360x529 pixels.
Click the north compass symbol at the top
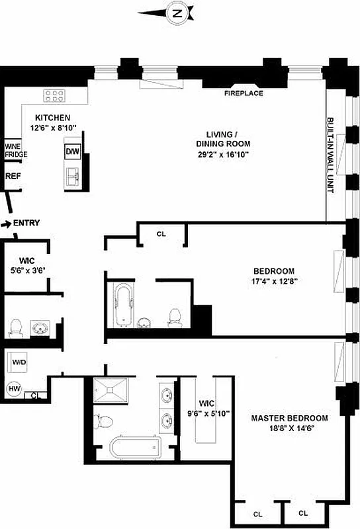176,12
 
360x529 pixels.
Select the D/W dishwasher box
72,151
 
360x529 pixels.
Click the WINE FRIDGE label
16,150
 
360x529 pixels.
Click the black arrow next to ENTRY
6,224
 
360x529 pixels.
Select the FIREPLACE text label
243,93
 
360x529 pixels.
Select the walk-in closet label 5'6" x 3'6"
25,270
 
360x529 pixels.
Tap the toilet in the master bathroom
103,422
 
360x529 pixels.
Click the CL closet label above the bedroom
161,233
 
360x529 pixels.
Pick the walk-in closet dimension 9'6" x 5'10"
208,414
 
